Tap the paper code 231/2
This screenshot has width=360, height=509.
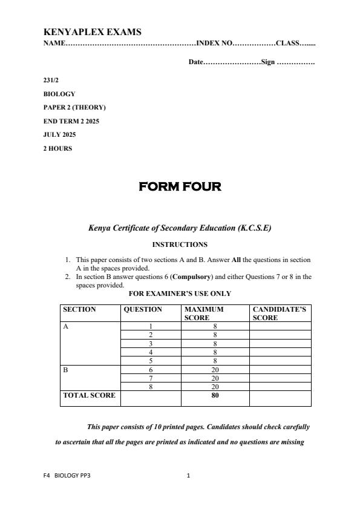(x=51, y=80)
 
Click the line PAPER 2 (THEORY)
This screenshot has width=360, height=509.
(x=74, y=107)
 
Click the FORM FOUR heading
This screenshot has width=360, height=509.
(x=180, y=186)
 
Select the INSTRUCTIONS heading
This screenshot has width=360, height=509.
(x=180, y=245)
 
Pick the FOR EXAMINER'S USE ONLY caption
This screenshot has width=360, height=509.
(x=180, y=294)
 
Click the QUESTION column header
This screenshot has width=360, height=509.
(x=143, y=309)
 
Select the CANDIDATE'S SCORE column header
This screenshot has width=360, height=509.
(x=279, y=313)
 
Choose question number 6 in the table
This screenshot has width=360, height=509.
(x=151, y=369)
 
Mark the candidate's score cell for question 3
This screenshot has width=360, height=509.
(x=280, y=343)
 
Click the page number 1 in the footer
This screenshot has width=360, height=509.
(x=188, y=476)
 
